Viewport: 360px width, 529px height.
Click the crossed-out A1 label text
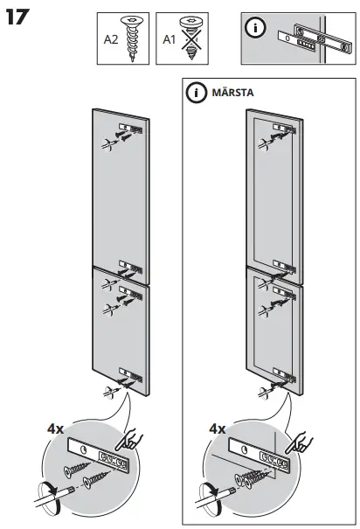click(x=170, y=38)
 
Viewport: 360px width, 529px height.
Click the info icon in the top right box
click(x=256, y=28)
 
